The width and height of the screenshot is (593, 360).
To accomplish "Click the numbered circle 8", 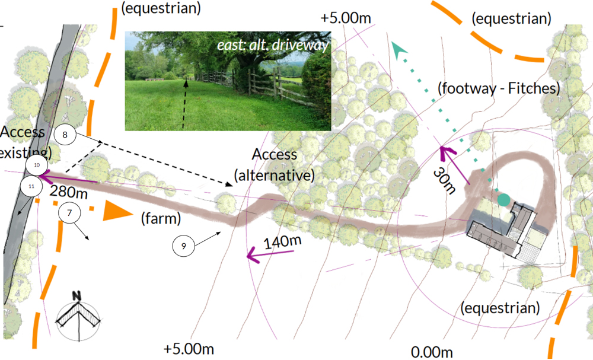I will click(65, 135).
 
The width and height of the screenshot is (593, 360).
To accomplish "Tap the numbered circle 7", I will click(69, 212).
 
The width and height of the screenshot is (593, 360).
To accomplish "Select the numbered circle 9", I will click(184, 246).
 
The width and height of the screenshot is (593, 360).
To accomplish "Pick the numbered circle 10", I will click(37, 164).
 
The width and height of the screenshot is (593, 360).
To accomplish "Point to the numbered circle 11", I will click(31, 186).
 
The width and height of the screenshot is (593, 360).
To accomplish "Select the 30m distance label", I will click(445, 180).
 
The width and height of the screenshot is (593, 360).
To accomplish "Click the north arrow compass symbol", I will click(76, 315).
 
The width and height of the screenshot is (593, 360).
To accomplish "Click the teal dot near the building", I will click(503, 200).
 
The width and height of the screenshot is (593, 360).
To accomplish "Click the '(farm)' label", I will click(160, 219).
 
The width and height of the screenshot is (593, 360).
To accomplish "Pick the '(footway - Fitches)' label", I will click(499, 89).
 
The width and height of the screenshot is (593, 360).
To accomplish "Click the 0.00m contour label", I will click(432, 352).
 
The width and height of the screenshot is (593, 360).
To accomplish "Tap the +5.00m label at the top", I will click(346, 18).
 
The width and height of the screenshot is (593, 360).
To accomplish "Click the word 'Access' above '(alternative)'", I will click(275, 155).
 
